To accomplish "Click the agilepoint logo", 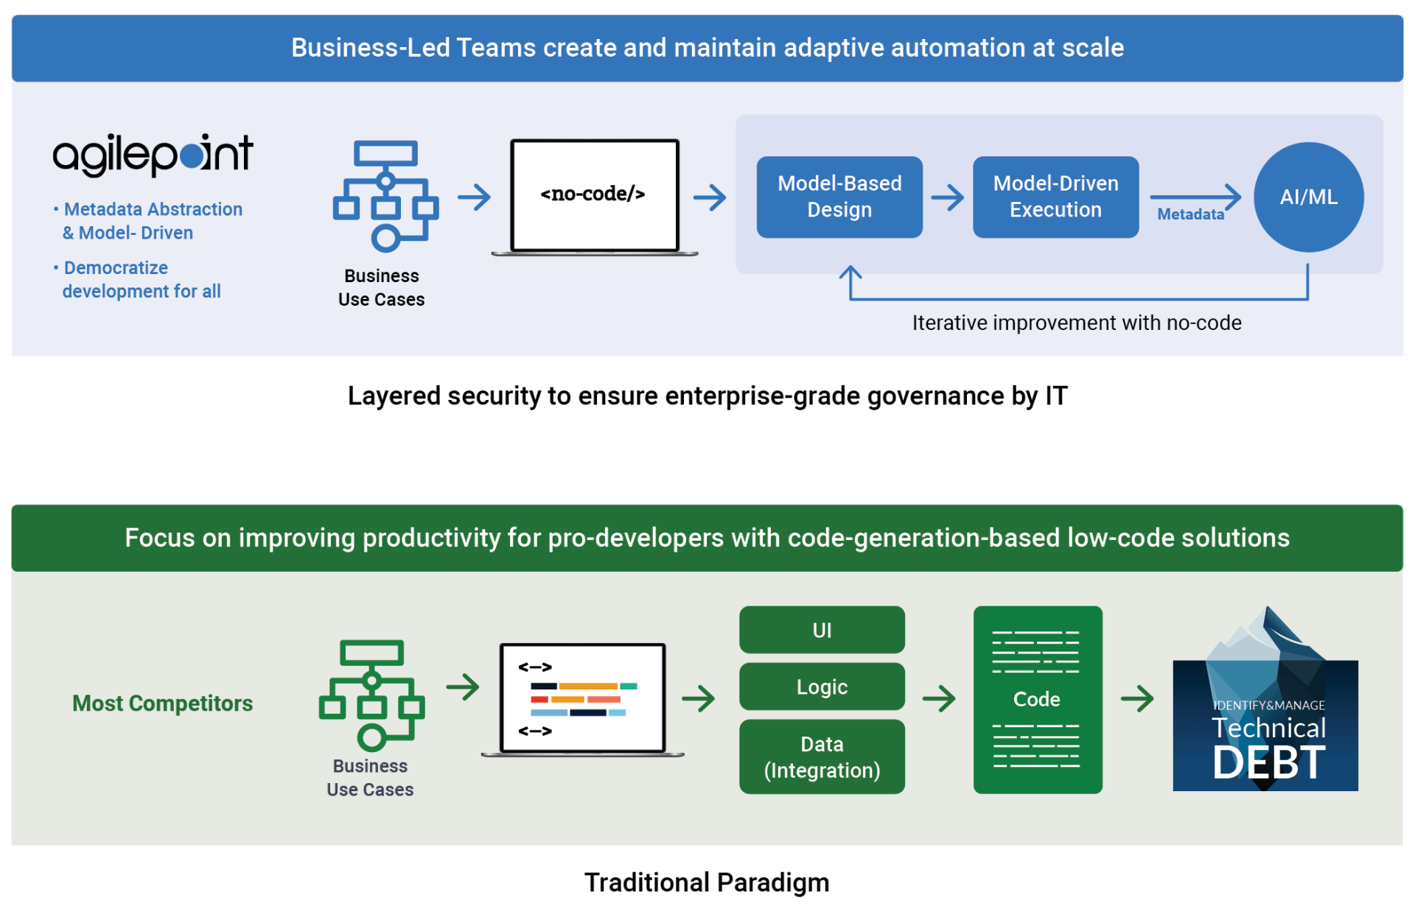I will [x=153, y=154].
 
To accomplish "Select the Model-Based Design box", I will [x=839, y=197].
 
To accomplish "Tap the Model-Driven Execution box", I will [x=1055, y=197].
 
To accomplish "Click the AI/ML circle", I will [x=1307, y=197].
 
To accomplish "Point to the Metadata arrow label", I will [x=1189, y=214].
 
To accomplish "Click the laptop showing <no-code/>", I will [x=594, y=197].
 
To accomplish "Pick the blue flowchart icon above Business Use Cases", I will [x=385, y=196].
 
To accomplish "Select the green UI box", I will [x=821, y=630].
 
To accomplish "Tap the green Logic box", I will [x=821, y=687].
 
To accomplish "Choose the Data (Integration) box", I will [x=821, y=757].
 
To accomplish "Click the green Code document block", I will [x=1037, y=699].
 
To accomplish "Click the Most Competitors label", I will [x=162, y=703].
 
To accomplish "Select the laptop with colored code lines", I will [x=582, y=699].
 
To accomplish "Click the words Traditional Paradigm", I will [x=706, y=882].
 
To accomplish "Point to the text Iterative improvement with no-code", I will [x=1076, y=323].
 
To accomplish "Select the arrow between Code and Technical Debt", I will [x=1136, y=698].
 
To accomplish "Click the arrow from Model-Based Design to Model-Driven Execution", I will [x=947, y=197].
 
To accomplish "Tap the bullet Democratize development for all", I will [x=141, y=279].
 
